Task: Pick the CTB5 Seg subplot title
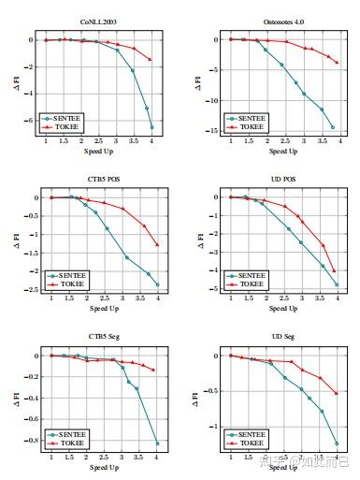pos(103,335)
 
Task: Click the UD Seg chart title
pos(283,335)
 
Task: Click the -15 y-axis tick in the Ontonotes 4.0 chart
pos(211,131)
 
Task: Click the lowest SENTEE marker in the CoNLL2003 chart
pos(151,127)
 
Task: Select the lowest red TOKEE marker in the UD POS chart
pos(333,271)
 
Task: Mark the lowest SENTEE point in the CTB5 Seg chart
pos(157,443)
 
